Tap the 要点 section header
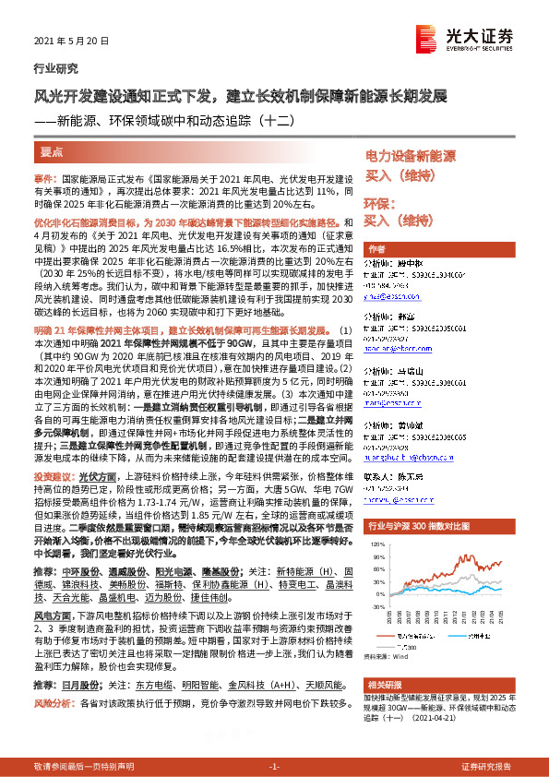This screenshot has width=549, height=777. click(52, 152)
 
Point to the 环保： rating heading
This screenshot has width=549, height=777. click(377, 201)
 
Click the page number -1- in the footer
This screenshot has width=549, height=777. click(274, 767)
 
